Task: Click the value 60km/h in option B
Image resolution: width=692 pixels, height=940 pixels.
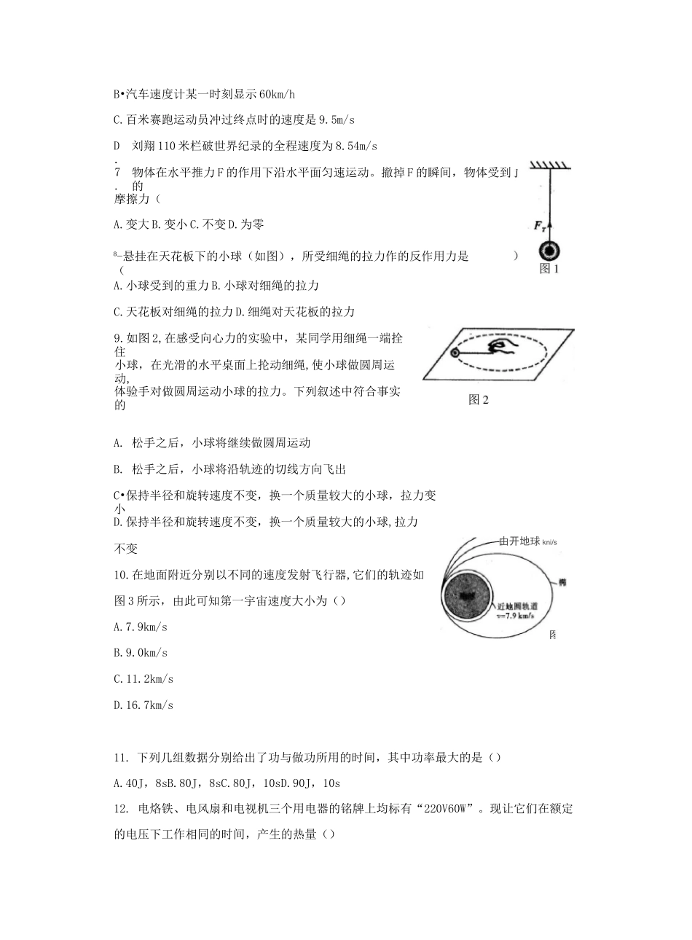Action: pyautogui.click(x=277, y=95)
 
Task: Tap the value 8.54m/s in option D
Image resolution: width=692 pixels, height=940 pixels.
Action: pyautogui.click(x=356, y=146)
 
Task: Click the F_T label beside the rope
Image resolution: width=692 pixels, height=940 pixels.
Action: pyautogui.click(x=540, y=227)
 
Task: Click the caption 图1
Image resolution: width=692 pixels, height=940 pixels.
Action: pyautogui.click(x=549, y=270)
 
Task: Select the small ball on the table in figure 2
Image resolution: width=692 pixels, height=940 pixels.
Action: pyautogui.click(x=455, y=353)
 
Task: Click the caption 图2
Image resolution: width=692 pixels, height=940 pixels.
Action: pyautogui.click(x=478, y=400)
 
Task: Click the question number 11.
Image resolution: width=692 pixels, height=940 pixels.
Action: pyautogui.click(x=121, y=759)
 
